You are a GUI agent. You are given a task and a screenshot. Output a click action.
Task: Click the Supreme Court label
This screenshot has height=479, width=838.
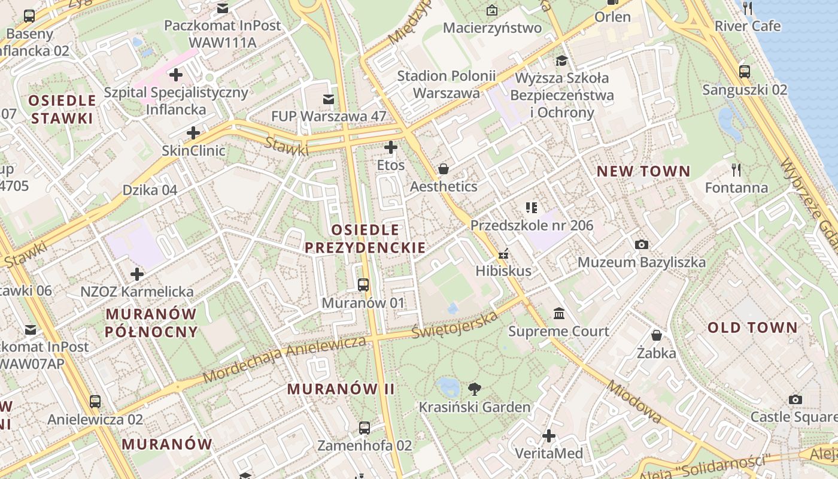click(558, 331)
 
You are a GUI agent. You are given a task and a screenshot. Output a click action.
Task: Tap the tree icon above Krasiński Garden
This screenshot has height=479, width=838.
click(475, 389)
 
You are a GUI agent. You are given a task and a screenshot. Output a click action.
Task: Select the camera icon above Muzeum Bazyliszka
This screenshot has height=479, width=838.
click(641, 244)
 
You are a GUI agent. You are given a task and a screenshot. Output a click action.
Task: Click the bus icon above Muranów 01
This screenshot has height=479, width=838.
click(363, 285)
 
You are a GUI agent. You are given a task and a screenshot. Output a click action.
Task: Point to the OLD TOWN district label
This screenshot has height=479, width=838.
click(752, 328)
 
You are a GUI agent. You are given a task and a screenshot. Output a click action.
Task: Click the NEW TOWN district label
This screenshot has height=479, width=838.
click(643, 171)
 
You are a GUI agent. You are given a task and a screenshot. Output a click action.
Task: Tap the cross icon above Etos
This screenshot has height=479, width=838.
click(391, 147)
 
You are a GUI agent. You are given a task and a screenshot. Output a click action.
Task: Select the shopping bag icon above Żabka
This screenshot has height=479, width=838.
click(657, 335)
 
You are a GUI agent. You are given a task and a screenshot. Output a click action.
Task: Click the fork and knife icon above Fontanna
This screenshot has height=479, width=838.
click(736, 170)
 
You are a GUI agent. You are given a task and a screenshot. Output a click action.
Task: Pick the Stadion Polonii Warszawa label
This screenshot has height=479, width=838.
click(447, 84)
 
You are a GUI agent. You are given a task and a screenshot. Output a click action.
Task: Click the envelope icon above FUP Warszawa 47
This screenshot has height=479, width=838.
click(328, 99)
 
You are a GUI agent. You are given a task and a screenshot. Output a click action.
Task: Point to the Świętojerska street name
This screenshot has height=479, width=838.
click(455, 324)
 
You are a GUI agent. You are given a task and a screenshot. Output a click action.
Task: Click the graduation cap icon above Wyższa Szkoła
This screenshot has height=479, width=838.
click(561, 60)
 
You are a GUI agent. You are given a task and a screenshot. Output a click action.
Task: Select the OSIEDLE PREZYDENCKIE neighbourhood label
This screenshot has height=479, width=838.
click(365, 238)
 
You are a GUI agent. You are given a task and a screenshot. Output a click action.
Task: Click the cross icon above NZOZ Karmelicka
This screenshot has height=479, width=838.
click(137, 274)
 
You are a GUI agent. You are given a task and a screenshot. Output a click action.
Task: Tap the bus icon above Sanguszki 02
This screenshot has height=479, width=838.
click(745, 72)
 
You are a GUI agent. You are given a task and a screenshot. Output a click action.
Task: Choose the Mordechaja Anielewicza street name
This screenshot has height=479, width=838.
click(284, 359)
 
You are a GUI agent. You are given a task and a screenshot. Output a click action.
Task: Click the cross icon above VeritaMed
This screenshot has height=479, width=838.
click(549, 436)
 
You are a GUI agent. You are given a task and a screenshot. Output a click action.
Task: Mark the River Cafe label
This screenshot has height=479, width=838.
click(748, 26)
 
